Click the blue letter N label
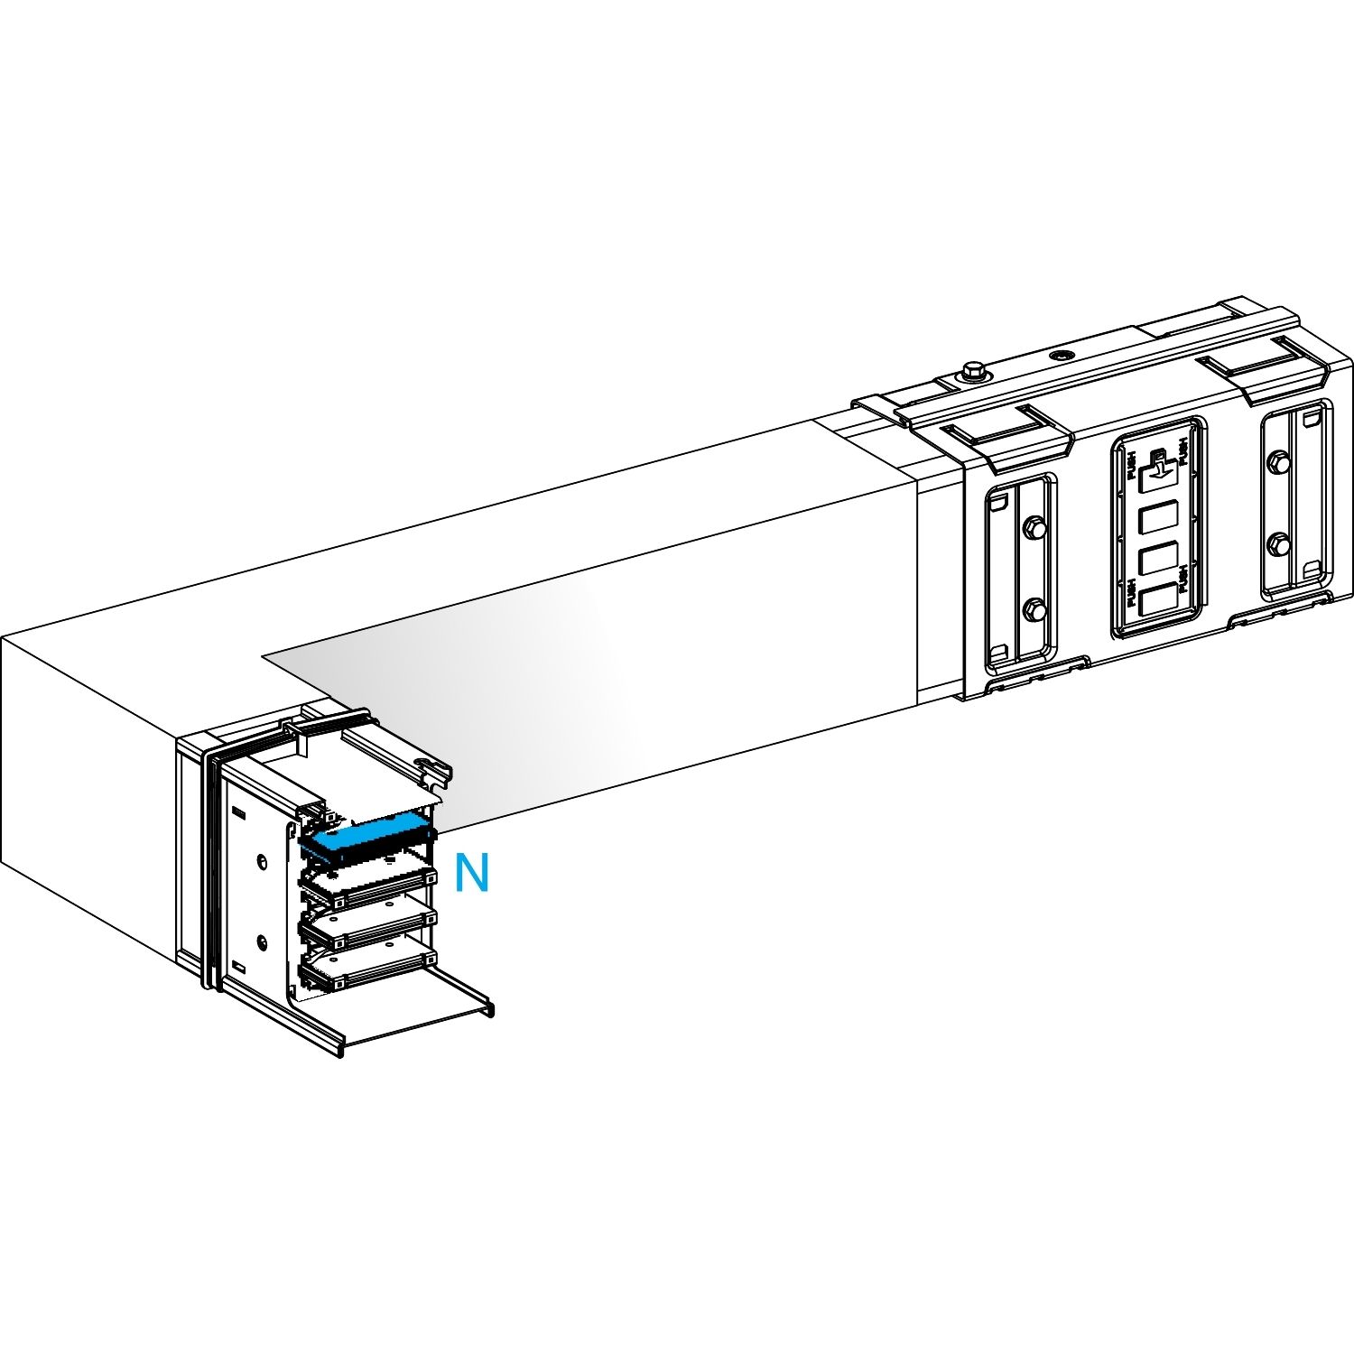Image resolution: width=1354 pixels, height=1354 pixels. point(471,873)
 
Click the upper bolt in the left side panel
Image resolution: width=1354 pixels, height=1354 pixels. point(1034,527)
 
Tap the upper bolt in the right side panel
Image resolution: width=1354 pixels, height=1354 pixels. point(1276,463)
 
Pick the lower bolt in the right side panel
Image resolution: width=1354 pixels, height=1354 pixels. point(1278,543)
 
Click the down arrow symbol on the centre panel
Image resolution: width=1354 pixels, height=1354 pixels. point(1158,466)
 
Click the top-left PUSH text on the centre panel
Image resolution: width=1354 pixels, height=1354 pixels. point(1131,468)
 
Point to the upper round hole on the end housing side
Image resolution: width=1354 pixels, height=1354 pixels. point(262,861)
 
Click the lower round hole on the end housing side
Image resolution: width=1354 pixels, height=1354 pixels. point(262,943)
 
